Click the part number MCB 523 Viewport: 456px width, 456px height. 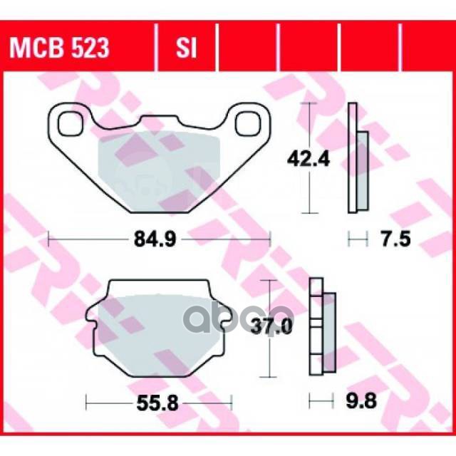59,48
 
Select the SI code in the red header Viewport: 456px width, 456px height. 185,48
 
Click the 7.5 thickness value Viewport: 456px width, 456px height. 393,240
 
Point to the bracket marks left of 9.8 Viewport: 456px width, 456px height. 318,402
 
